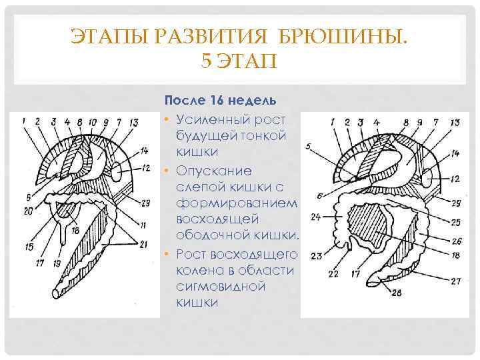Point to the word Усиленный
(x=212, y=119)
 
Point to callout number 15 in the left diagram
(x=28, y=247)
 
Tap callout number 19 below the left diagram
(x=57, y=263)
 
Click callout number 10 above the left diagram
(x=91, y=122)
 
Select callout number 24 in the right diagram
(x=315, y=217)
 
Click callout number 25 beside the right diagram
(x=455, y=222)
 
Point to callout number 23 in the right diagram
(x=315, y=256)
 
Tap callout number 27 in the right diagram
(x=455, y=281)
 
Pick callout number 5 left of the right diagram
(x=307, y=145)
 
